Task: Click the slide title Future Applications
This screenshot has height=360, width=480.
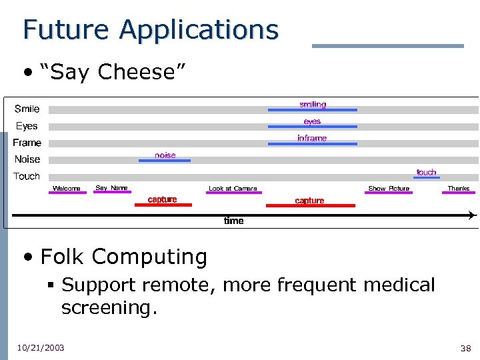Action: (x=150, y=29)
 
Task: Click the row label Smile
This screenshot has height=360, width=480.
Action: (x=27, y=109)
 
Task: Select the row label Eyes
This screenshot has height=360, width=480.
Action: (x=27, y=126)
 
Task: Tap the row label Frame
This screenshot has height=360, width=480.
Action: (x=27, y=143)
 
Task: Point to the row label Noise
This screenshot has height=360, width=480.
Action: (x=27, y=159)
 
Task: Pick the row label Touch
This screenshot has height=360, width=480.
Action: (x=27, y=177)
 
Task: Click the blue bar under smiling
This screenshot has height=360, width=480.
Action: (x=312, y=109)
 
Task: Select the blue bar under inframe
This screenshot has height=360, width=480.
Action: (x=312, y=143)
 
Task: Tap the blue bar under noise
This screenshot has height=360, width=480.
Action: (x=165, y=160)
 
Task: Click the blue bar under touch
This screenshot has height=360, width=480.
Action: (x=427, y=177)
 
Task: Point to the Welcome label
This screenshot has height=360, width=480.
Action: (x=67, y=189)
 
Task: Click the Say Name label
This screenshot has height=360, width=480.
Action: (x=111, y=188)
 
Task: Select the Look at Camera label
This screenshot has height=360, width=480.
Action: (x=233, y=189)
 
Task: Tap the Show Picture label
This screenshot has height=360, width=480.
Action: (x=389, y=189)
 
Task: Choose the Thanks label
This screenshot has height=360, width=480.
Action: (x=458, y=189)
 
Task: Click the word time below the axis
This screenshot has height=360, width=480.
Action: (x=233, y=221)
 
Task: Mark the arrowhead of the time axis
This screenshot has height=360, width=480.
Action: (x=472, y=215)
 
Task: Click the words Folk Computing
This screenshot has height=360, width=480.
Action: (x=124, y=256)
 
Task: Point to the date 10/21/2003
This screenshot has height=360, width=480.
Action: (x=41, y=347)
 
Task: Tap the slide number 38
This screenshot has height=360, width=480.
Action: (x=465, y=348)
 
